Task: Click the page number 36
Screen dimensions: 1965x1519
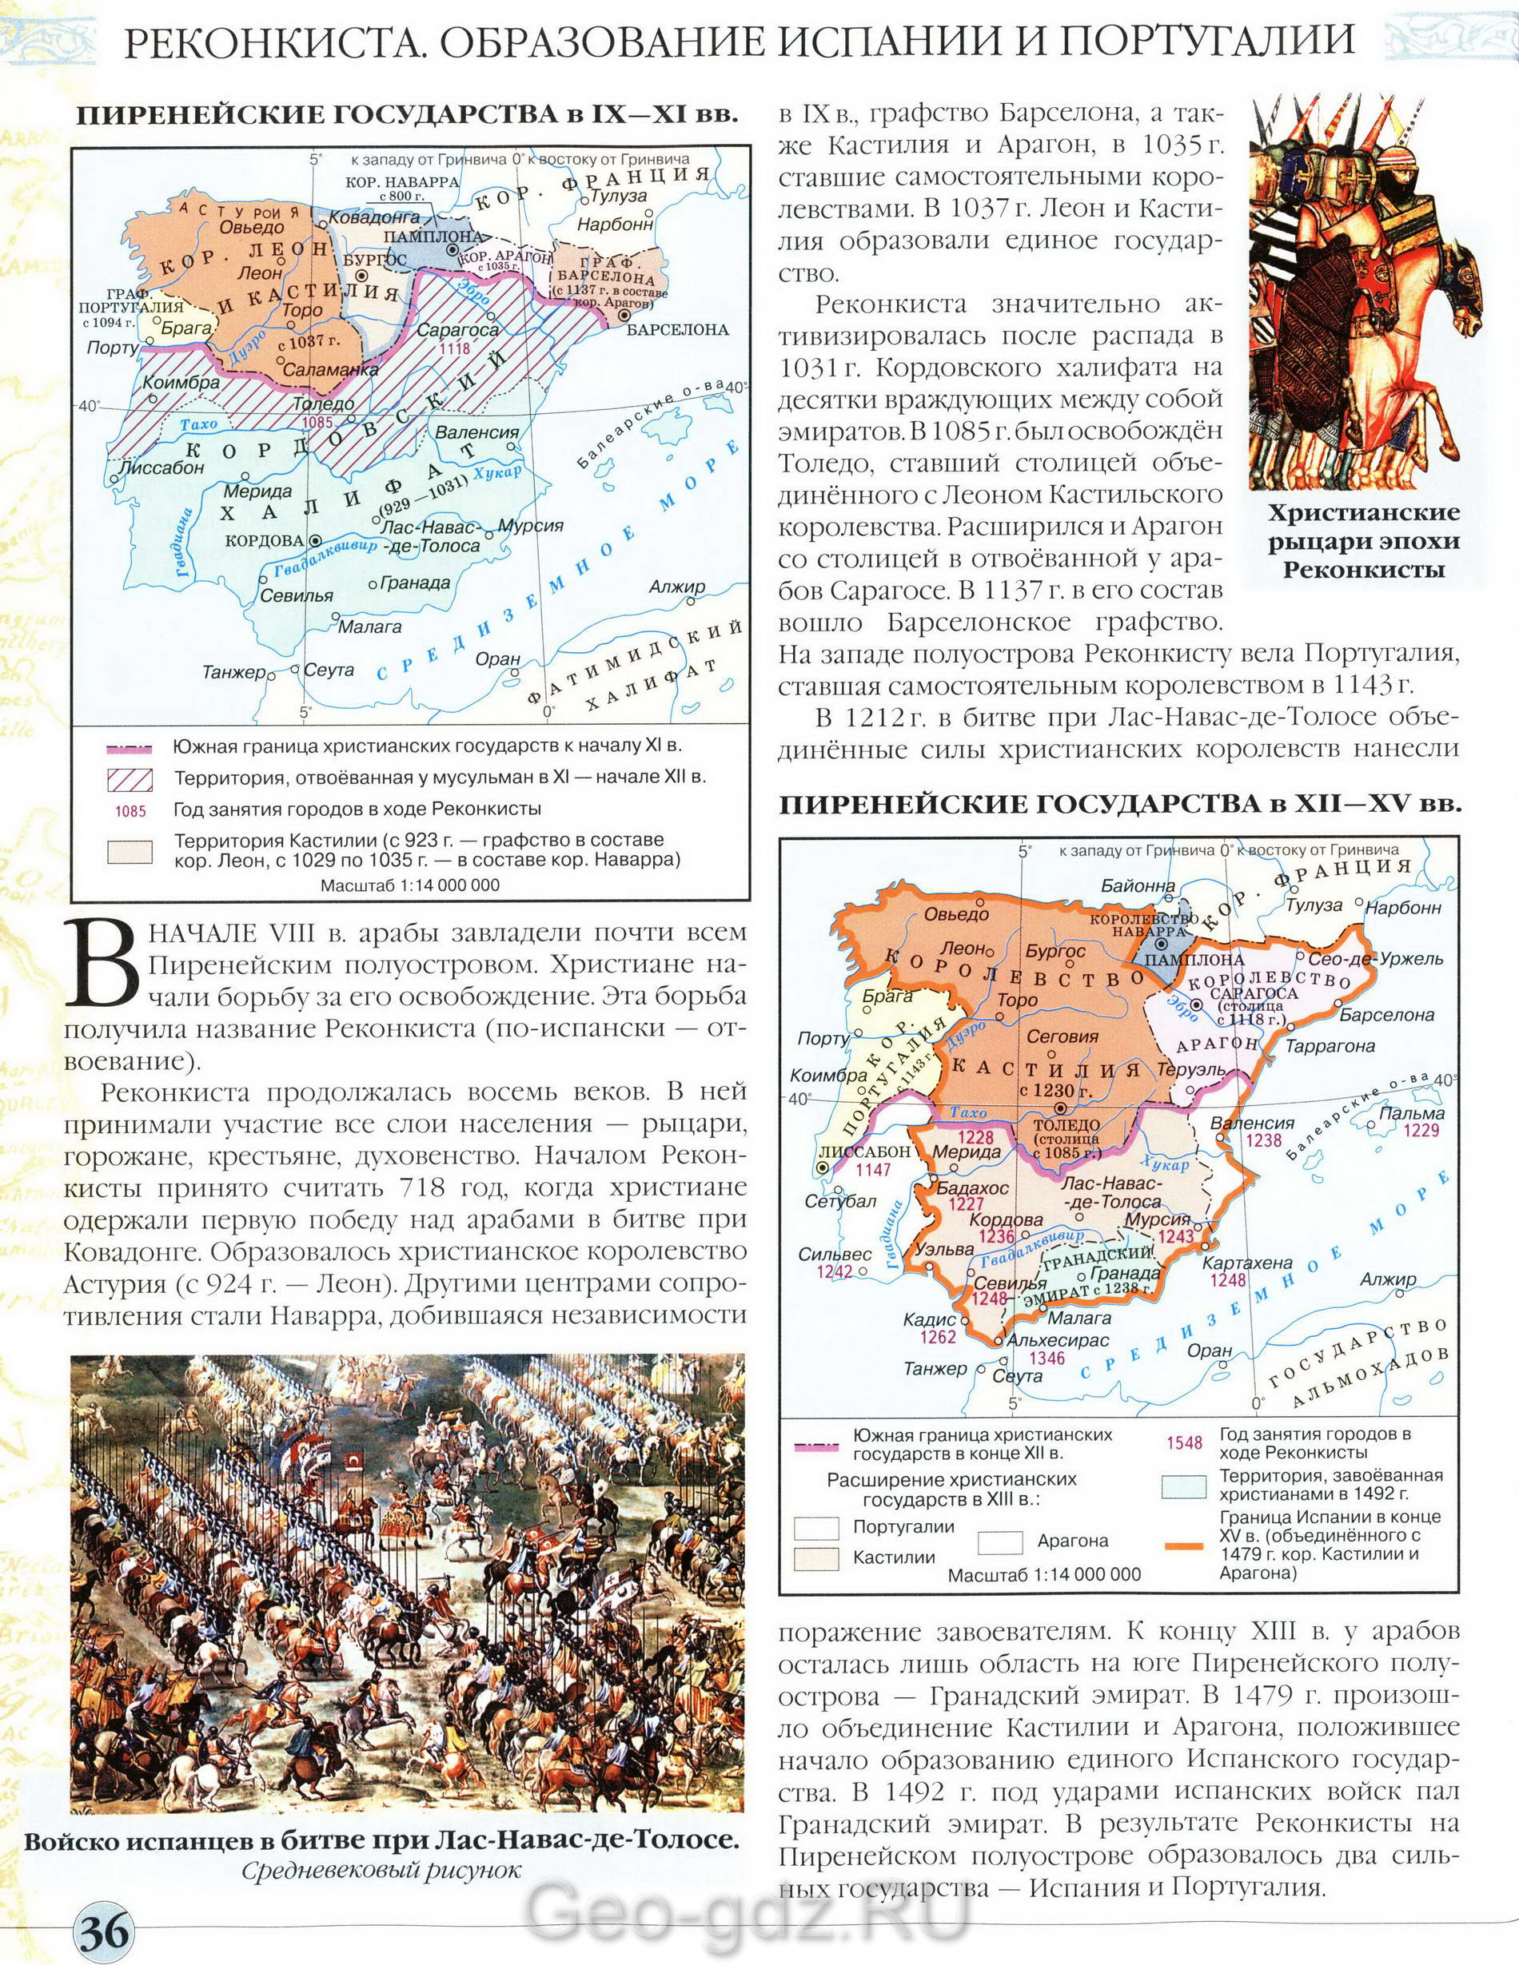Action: pyautogui.click(x=106, y=1931)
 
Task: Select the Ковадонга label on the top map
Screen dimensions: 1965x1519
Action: pyautogui.click(x=373, y=217)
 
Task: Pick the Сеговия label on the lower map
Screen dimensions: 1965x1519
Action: pyautogui.click(x=1063, y=1036)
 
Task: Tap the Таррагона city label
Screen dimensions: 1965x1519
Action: pyautogui.click(x=1330, y=1046)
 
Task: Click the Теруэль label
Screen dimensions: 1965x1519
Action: pyautogui.click(x=1194, y=1070)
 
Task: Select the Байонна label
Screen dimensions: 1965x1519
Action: pyautogui.click(x=1138, y=885)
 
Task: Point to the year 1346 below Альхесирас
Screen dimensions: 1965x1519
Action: pyautogui.click(x=1047, y=1358)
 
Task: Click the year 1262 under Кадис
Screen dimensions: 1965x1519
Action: pyautogui.click(x=938, y=1337)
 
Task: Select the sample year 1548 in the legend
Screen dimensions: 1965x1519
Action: pyautogui.click(x=1184, y=1443)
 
